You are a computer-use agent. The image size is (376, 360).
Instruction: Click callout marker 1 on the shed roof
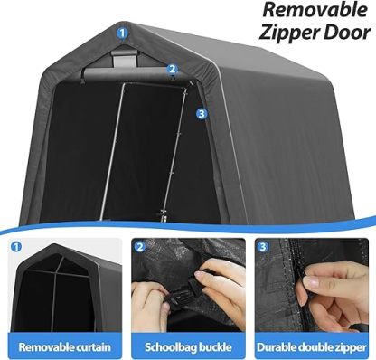pyautogui.click(x=121, y=32)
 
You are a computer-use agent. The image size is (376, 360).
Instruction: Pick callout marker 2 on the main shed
pyautogui.click(x=172, y=68)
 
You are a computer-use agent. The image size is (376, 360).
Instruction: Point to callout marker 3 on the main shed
pyautogui.click(x=201, y=114)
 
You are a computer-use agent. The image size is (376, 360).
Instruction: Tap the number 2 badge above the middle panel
pyautogui.click(x=140, y=247)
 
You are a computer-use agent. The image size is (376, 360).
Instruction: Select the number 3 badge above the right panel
pyautogui.click(x=263, y=247)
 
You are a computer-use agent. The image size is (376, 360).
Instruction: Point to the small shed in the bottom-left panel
pyautogui.click(x=62, y=289)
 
